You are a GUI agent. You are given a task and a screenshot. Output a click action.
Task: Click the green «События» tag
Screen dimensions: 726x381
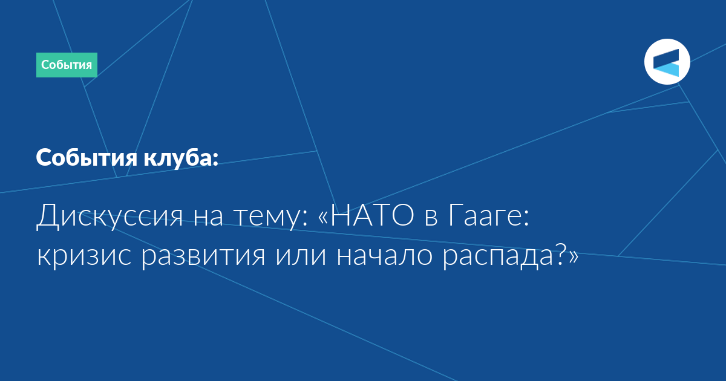pyautogui.click(x=67, y=65)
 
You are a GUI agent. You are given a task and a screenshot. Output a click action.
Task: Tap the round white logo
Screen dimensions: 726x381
pyautogui.click(x=667, y=62)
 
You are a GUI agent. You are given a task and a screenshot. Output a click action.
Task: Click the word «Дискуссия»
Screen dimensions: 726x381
pyautogui.click(x=110, y=216)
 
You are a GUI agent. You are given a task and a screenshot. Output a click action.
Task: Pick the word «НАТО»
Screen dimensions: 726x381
pyautogui.click(x=372, y=215)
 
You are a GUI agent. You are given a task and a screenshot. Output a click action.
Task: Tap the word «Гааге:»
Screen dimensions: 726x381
pyautogui.click(x=489, y=216)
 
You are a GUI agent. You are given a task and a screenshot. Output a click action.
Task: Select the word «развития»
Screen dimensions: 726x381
pyautogui.click(x=203, y=256)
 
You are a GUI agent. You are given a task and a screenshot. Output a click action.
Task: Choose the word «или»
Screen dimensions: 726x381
pyautogui.click(x=301, y=256)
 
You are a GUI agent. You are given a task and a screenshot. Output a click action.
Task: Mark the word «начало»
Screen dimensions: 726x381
pyautogui.click(x=384, y=256)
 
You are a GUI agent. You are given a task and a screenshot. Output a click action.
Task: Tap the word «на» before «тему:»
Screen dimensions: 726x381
pyautogui.click(x=208, y=218)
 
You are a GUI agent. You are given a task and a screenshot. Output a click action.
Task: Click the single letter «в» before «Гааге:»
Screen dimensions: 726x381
pyautogui.click(x=431, y=218)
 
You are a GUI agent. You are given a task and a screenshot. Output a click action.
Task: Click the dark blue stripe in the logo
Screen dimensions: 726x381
pyautogui.click(x=666, y=59)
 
